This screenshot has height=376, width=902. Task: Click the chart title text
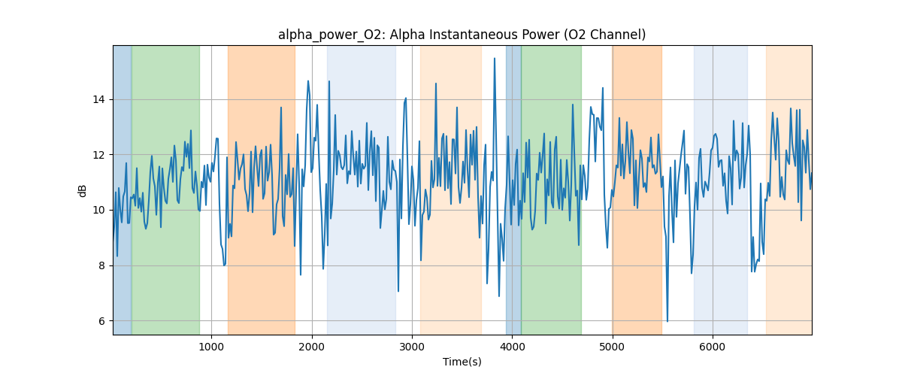pyautogui.click(x=462, y=35)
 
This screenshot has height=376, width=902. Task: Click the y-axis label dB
pyautogui.click(x=83, y=190)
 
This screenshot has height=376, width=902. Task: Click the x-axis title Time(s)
pyautogui.click(x=462, y=362)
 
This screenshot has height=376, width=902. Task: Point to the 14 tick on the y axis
pyautogui.click(x=98, y=99)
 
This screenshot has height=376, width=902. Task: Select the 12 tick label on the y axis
pyautogui.click(x=98, y=155)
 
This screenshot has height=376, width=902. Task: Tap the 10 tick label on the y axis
pyautogui.click(x=98, y=210)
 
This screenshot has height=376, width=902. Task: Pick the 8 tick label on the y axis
pyautogui.click(x=101, y=265)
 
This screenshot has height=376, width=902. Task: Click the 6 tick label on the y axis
pyautogui.click(x=101, y=321)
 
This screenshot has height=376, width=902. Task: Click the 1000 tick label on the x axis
pyautogui.click(x=211, y=347)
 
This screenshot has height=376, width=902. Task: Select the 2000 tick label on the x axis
pyautogui.click(x=312, y=347)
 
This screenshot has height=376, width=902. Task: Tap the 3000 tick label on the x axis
pyautogui.click(x=412, y=347)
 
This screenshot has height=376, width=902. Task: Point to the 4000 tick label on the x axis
pyautogui.click(x=512, y=347)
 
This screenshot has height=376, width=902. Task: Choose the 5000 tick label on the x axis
pyautogui.click(x=613, y=347)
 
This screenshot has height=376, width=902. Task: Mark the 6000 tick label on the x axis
pyautogui.click(x=713, y=347)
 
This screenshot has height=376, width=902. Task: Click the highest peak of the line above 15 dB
pyautogui.click(x=495, y=59)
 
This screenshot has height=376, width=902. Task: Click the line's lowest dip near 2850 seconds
pyautogui.click(x=398, y=291)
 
